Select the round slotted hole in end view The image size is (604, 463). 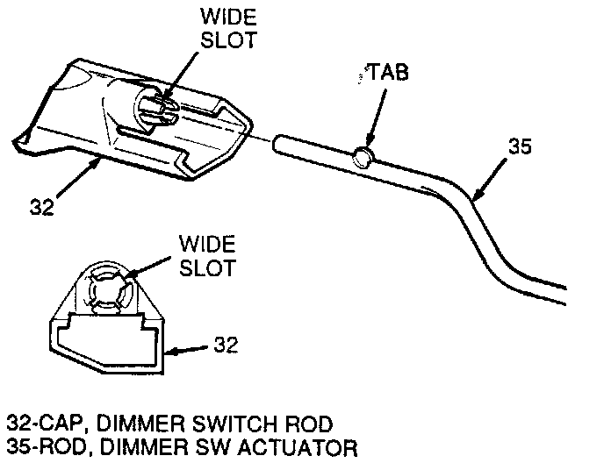107,289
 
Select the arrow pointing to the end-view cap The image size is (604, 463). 189,351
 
